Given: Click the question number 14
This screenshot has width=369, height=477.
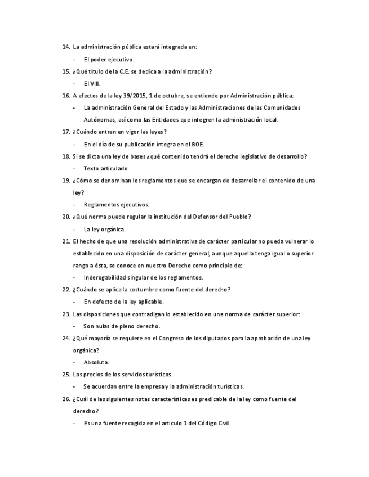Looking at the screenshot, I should pyautogui.click(x=65, y=47).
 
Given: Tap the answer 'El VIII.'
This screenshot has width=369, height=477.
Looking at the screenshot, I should pyautogui.click(x=92, y=83).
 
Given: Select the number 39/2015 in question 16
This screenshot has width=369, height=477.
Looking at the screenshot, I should pyautogui.click(x=136, y=96).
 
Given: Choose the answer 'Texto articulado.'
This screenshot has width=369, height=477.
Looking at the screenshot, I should pyautogui.click(x=106, y=168).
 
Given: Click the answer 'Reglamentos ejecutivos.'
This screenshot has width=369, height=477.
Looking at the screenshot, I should pyautogui.click(x=116, y=205).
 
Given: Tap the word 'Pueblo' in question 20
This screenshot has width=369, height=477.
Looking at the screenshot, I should pyautogui.click(x=239, y=217).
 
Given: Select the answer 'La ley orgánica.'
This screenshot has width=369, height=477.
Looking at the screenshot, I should pyautogui.click(x=104, y=229).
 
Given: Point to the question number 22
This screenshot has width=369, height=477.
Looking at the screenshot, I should pyautogui.click(x=65, y=290).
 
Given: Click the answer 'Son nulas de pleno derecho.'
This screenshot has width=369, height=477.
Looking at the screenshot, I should pyautogui.click(x=122, y=326).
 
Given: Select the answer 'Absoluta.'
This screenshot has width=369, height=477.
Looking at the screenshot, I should pyautogui.click(x=96, y=363).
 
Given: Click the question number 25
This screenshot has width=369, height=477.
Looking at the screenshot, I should pyautogui.click(x=65, y=375).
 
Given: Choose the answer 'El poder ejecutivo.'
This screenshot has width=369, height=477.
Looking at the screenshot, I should pyautogui.click(x=109, y=59).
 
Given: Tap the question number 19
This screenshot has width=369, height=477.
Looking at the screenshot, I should pyautogui.click(x=65, y=181).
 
